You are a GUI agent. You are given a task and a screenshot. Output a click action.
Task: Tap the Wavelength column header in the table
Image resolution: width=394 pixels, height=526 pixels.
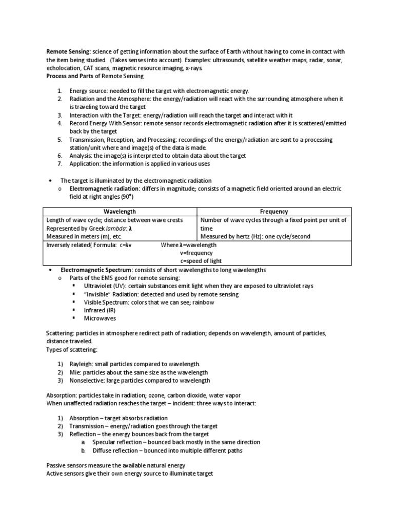click(x=120, y=211)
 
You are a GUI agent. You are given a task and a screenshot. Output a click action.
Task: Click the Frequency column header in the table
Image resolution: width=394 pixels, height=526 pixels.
click(x=274, y=211)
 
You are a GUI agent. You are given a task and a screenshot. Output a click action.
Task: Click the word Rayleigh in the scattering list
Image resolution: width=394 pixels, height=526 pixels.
click(x=81, y=364)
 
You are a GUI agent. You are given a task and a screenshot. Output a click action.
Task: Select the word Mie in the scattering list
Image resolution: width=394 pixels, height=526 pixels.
click(x=75, y=372)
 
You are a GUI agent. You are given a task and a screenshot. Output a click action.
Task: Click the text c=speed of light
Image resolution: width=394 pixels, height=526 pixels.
click(x=202, y=261)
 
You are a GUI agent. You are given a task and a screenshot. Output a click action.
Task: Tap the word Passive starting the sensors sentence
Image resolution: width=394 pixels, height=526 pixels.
click(x=57, y=465)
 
